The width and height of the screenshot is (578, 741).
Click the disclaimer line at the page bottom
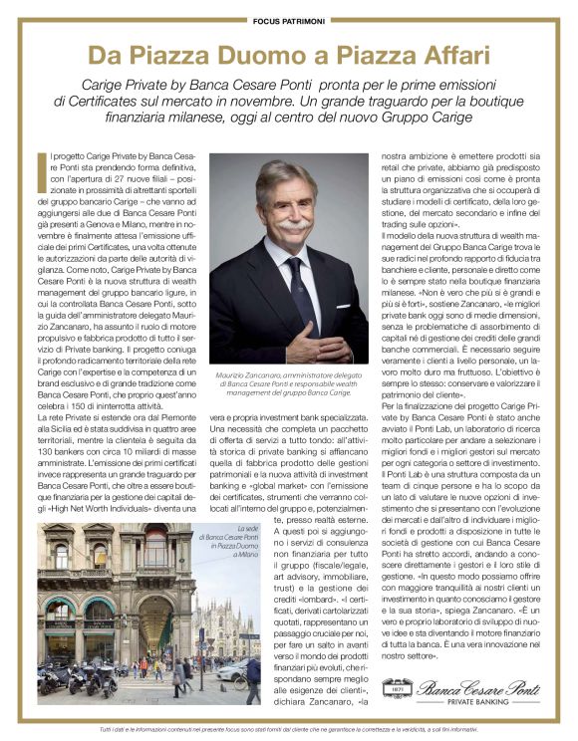pos(288,731)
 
